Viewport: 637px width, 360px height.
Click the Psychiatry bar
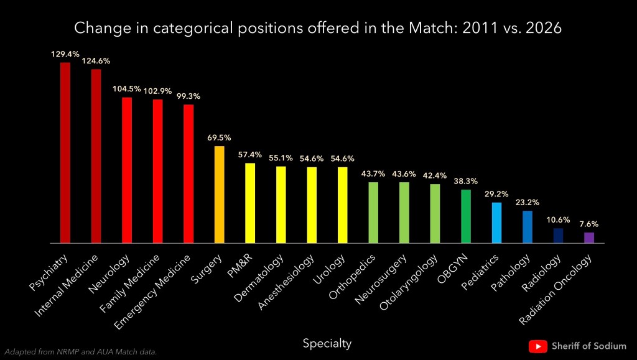click(x=65, y=152)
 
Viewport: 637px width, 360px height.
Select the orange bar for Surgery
click(x=219, y=195)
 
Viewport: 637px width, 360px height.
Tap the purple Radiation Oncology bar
click(x=589, y=238)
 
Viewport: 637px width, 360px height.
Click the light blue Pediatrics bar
click(x=496, y=223)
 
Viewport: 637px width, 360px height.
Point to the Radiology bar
click(x=558, y=236)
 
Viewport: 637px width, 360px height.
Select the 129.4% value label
click(x=65, y=55)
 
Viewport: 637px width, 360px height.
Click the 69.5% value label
click(x=219, y=138)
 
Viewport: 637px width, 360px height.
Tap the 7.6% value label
click(x=589, y=224)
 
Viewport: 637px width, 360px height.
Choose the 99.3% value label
click(x=188, y=96)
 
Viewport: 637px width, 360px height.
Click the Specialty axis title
click(x=327, y=343)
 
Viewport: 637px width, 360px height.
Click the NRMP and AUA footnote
click(x=81, y=352)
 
